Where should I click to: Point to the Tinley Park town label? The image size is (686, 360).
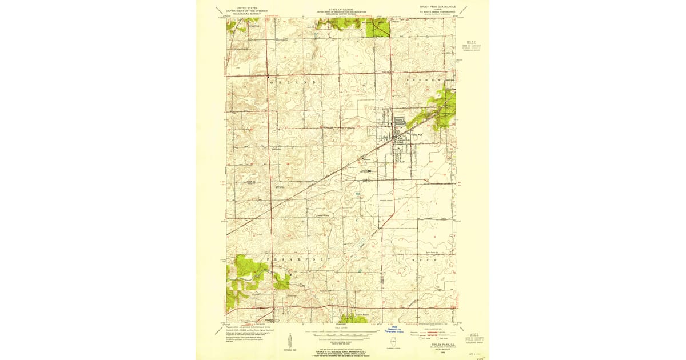pyautogui.click(x=417, y=135)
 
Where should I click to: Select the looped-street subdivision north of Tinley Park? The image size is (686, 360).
pyautogui.click(x=399, y=121)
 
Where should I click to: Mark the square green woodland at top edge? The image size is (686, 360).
pyautogui.click(x=377, y=27)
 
